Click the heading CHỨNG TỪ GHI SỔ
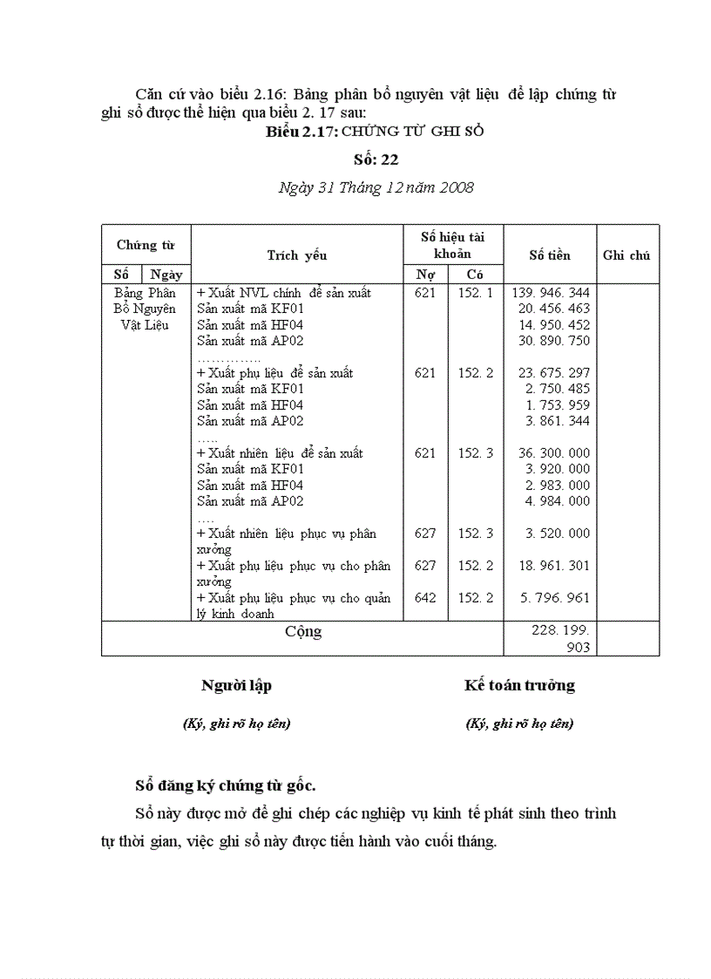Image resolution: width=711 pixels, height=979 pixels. click(x=412, y=132)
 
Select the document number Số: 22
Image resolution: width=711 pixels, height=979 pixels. click(x=376, y=160)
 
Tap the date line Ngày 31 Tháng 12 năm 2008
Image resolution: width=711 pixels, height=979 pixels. click(x=376, y=187)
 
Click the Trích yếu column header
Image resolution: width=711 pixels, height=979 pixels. click(x=296, y=255)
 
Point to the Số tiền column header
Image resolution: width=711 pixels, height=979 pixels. click(x=550, y=255)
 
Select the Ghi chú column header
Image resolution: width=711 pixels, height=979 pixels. click(x=626, y=255)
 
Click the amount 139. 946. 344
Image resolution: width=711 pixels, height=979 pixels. click(x=553, y=293)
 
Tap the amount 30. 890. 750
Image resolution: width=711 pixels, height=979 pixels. click(x=553, y=341)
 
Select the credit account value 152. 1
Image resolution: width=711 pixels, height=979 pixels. click(x=476, y=293)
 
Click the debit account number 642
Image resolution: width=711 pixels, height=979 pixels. click(x=425, y=598)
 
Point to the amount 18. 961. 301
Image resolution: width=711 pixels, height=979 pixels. click(x=553, y=566)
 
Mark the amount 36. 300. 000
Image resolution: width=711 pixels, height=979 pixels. click(x=553, y=453)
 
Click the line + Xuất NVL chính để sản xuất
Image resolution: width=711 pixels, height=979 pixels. click(x=272, y=293)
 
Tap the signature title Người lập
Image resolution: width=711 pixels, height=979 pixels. click(x=236, y=685)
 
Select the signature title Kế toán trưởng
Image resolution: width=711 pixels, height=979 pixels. click(x=519, y=685)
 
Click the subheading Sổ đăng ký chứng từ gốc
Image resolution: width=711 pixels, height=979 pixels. click(x=225, y=785)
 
